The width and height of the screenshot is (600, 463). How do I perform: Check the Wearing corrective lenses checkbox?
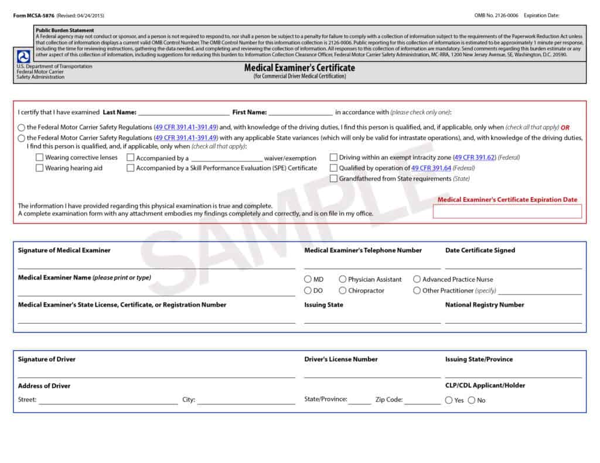click(39, 157)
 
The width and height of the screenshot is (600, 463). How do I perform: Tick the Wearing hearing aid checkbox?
click(39, 168)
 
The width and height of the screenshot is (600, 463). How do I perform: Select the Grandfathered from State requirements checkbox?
click(333, 179)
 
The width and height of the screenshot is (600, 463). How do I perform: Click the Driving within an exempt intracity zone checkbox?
click(333, 157)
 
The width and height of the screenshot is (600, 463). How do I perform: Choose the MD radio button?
click(308, 280)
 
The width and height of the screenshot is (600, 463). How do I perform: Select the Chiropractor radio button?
click(343, 290)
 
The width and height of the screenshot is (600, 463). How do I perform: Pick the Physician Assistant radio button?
click(343, 280)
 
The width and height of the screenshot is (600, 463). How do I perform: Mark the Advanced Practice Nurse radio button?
click(417, 280)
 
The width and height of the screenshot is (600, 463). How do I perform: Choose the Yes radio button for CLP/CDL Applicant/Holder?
click(449, 400)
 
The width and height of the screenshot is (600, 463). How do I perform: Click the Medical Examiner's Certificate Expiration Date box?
click(507, 211)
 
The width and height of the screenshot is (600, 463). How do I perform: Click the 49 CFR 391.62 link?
click(475, 157)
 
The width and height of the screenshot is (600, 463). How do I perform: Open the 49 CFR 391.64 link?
click(431, 168)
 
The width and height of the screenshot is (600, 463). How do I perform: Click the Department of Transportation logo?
click(24, 57)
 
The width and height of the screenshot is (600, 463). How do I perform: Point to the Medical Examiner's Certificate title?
click(299, 68)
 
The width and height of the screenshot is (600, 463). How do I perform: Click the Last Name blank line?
click(183, 112)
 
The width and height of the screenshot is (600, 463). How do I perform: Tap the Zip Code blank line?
click(422, 401)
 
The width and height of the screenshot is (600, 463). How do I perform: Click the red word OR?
click(565, 127)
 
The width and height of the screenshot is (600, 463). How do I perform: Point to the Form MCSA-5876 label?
click(33, 15)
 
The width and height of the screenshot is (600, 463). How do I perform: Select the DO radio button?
click(308, 290)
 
